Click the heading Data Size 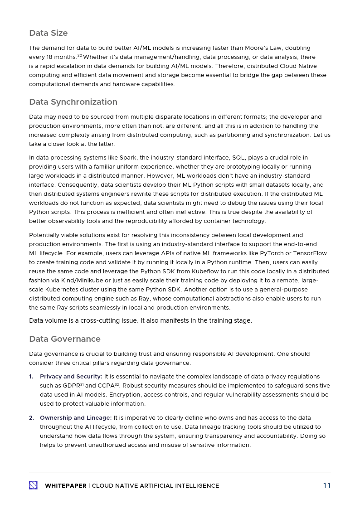pyautogui.click(x=48, y=33)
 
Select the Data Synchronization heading pyautogui.click(x=73, y=102)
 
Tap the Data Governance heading pyautogui.click(x=65, y=339)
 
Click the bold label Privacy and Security pyautogui.click(x=71, y=377)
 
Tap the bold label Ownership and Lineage pyautogui.click(x=75, y=418)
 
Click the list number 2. pyautogui.click(x=31, y=418)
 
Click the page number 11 pyautogui.click(x=326, y=485)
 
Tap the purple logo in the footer pyautogui.click(x=33, y=485)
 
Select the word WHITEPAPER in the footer pyautogui.click(x=65, y=486)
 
